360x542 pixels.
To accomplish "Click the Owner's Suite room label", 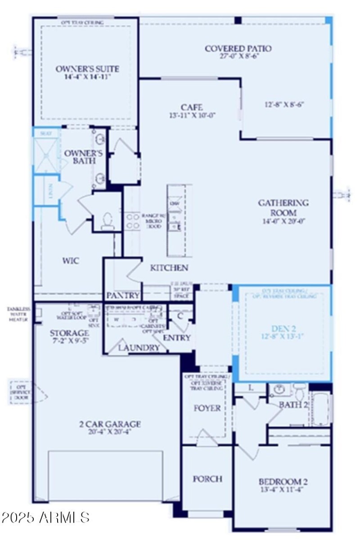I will click(87, 69).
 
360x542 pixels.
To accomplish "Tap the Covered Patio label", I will click(238, 48).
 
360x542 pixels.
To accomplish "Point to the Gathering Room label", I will click(283, 208).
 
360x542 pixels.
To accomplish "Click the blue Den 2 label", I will click(283, 328).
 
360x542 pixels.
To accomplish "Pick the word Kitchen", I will click(169, 268).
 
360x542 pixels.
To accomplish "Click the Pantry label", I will click(122, 296).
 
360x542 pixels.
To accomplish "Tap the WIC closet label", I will click(71, 260).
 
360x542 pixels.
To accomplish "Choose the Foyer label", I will click(207, 408).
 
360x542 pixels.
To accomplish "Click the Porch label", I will click(207, 479).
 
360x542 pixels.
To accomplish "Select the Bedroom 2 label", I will click(283, 481).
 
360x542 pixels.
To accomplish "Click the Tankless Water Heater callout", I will click(18, 314).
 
